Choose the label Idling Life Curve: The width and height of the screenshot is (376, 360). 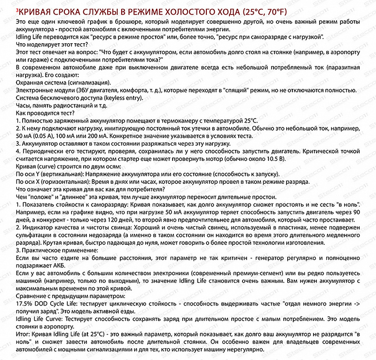click(39, 318)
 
